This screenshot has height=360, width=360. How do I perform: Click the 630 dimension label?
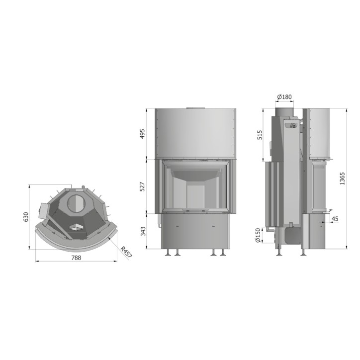point(26,217)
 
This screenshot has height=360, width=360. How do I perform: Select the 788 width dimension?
point(76,258)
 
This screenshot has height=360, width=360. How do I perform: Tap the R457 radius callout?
point(126,252)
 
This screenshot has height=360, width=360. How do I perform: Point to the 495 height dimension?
point(142,134)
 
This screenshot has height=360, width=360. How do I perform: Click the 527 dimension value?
point(142,187)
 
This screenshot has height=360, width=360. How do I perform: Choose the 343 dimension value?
point(143,231)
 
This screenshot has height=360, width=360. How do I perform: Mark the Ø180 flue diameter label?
point(284,97)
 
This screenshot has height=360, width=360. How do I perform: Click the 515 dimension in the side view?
point(260,135)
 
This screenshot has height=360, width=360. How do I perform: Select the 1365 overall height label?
point(342,179)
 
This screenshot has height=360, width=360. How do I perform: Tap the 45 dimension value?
point(335,219)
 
